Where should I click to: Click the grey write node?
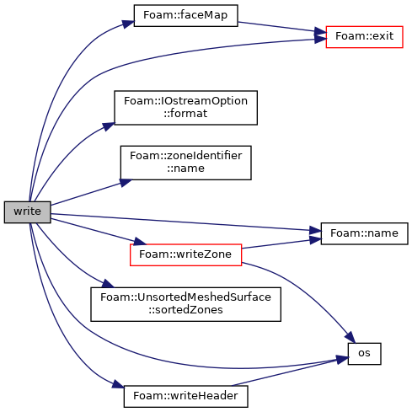pyautogui.click(x=27, y=212)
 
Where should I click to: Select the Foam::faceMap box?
pyautogui.click(x=185, y=15)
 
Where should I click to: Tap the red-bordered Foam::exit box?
pyautogui.click(x=364, y=37)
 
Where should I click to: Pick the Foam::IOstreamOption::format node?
pyautogui.click(x=185, y=108)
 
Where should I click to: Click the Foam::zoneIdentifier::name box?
pyautogui.click(x=185, y=163)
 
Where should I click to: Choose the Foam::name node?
pyautogui.click(x=364, y=233)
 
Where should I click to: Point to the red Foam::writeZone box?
pyautogui.click(x=185, y=254)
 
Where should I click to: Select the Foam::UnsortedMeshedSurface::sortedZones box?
pyautogui.click(x=185, y=304)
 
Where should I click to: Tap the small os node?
pyautogui.click(x=364, y=354)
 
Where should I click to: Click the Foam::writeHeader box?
pyautogui.click(x=185, y=396)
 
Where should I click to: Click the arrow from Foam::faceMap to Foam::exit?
pyautogui.click(x=282, y=27)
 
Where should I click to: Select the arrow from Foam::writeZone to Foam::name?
pyautogui.click(x=281, y=243)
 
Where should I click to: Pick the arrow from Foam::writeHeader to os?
pyautogui.click(x=289, y=372)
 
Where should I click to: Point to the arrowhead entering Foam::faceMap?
pyautogui.click(x=128, y=24)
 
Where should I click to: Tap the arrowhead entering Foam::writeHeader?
pyautogui.click(x=118, y=384)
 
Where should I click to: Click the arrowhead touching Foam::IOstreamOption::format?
pyautogui.click(x=109, y=126)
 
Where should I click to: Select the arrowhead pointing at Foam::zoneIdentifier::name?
pyautogui.click(x=126, y=183)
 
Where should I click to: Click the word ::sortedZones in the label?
pyautogui.click(x=185, y=310)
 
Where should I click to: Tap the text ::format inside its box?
pyautogui.click(x=185, y=114)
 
